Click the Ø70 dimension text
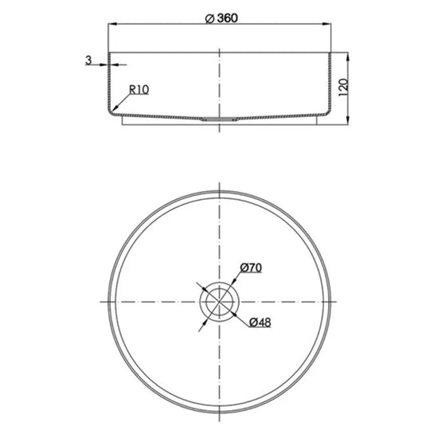[251, 269]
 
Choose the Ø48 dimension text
[256, 322]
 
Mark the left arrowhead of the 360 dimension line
[111, 28]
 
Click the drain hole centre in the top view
[218, 303]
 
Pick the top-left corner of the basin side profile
[109, 54]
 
